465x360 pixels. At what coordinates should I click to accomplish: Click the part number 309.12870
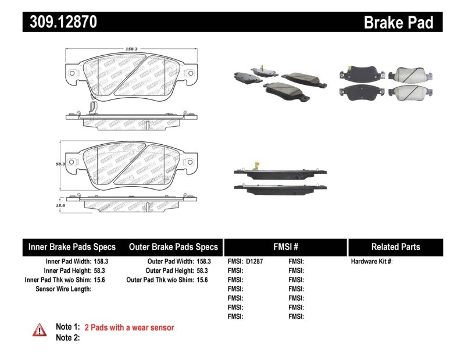click(60, 22)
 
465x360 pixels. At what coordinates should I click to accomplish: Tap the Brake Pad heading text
click(399, 23)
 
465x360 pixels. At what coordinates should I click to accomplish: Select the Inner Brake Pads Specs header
click(72, 247)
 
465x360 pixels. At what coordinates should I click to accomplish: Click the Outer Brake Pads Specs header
click(173, 247)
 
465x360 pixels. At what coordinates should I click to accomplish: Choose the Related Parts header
click(395, 247)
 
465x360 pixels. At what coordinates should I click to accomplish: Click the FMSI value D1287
click(255, 262)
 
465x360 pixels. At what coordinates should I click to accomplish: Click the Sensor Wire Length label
click(63, 289)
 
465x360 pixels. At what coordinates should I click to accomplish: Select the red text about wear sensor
click(129, 327)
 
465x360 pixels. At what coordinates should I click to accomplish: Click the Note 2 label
click(67, 337)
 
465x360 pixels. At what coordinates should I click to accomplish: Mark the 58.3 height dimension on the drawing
click(59, 165)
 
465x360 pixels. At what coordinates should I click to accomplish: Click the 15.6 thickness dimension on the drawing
click(59, 204)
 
